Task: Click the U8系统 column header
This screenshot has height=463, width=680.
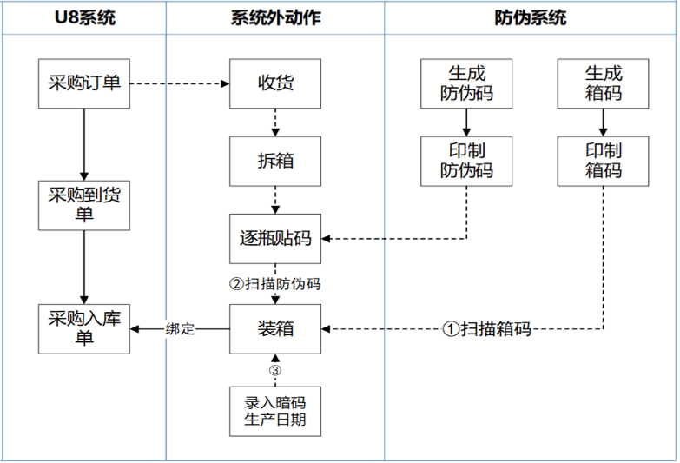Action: [x=84, y=17]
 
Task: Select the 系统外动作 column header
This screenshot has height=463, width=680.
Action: [x=275, y=17]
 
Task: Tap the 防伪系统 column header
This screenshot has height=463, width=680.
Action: [x=530, y=17]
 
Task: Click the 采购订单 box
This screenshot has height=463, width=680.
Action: [x=84, y=83]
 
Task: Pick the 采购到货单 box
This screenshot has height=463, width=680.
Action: [x=84, y=206]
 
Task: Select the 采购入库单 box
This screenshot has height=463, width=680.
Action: [x=84, y=328]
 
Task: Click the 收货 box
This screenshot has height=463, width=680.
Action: [x=275, y=83]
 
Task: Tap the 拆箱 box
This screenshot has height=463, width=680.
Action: [x=275, y=161]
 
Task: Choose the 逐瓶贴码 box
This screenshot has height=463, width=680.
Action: [x=275, y=238]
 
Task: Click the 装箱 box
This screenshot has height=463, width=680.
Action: [x=275, y=328]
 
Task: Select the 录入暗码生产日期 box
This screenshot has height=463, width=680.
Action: [x=275, y=411]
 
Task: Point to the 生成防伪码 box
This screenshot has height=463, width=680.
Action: [x=466, y=83]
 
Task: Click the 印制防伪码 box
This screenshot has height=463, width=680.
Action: [x=466, y=161]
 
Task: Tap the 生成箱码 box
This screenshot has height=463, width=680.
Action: [x=604, y=83]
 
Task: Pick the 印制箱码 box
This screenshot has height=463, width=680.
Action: [x=604, y=161]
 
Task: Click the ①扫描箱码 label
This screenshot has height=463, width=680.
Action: [x=486, y=329]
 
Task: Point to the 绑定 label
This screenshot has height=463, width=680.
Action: [x=180, y=329]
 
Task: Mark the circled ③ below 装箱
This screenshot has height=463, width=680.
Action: [x=275, y=370]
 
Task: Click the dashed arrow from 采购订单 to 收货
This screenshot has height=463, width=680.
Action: [x=179, y=84]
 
